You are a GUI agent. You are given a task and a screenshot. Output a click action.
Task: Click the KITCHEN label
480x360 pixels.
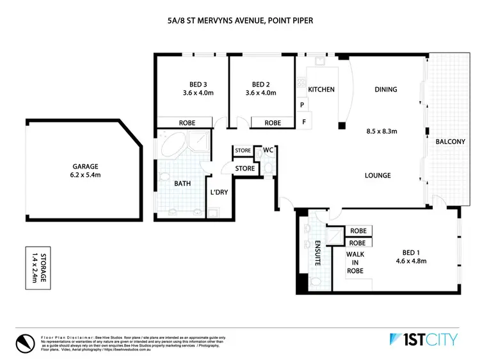(321, 90)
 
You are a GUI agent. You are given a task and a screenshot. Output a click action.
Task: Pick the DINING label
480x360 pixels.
(386, 90)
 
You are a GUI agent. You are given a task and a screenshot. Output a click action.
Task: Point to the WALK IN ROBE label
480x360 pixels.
(355, 261)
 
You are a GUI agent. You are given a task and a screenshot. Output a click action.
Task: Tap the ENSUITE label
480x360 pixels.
(318, 252)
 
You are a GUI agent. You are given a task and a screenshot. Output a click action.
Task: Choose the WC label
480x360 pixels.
(269, 150)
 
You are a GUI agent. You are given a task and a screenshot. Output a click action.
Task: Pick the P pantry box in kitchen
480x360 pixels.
(301, 104)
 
